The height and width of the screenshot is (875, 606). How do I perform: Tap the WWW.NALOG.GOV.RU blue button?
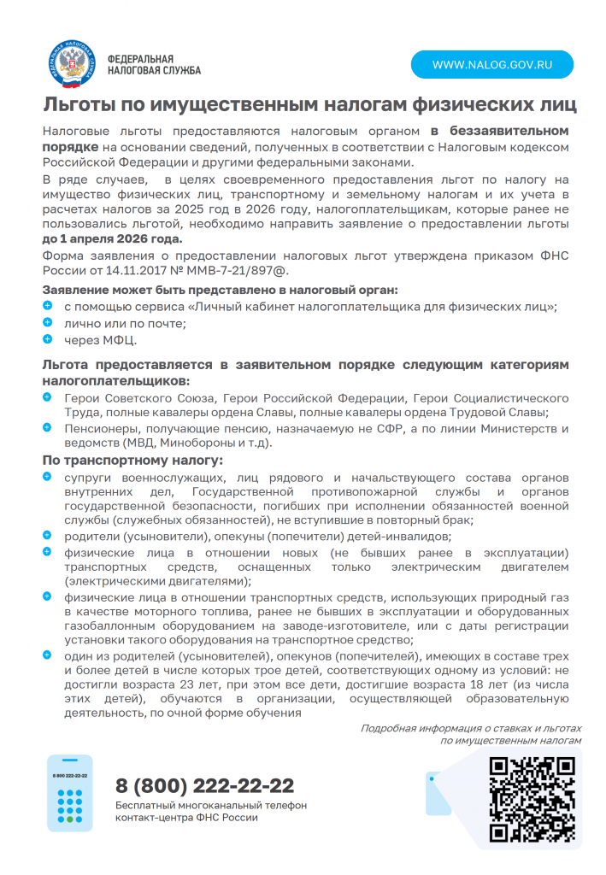491,65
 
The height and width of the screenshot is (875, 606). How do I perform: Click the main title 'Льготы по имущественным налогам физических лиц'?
309,105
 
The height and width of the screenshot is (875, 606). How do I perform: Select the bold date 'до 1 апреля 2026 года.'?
112,238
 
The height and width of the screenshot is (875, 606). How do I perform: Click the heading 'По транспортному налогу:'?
132,461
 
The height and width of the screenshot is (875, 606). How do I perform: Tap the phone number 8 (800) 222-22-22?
205,786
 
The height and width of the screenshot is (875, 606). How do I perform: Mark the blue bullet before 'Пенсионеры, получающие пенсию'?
48,428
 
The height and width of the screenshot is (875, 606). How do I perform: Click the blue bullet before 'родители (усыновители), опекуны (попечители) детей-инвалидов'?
48,535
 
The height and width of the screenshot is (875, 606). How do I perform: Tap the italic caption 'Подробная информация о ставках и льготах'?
471,728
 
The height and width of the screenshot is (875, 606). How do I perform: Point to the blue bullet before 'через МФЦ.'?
48,339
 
